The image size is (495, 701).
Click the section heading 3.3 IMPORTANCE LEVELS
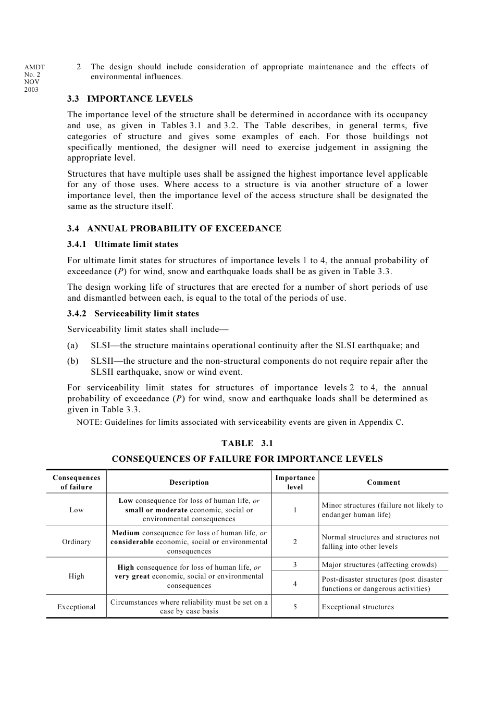pyautogui.click(x=130, y=99)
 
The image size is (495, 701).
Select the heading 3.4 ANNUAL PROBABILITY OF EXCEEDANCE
pyautogui.click(x=174, y=228)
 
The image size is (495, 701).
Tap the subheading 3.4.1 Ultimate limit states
pyautogui.click(x=122, y=244)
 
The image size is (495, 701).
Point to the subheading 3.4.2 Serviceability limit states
pyautogui.click(x=133, y=313)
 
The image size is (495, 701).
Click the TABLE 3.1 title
pyautogui.click(x=247, y=443)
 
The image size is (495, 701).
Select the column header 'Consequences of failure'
pyautogui.click(x=77, y=482)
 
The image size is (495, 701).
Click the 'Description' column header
pyautogui.click(x=189, y=482)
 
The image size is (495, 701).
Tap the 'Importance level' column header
pyautogui.click(x=295, y=482)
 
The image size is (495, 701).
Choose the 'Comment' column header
pyautogui.click(x=383, y=482)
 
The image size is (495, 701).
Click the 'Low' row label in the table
pyautogui.click(x=77, y=510)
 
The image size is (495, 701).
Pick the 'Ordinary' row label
pyautogui.click(x=77, y=542)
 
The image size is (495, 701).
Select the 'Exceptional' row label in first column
pyautogui.click(x=77, y=607)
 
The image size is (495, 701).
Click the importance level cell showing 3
pyautogui.click(x=295, y=564)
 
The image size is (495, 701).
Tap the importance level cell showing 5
pyautogui.click(x=295, y=607)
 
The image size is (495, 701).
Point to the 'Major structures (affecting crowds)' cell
pyautogui.click(x=379, y=564)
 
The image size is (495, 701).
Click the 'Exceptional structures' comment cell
pyautogui.click(x=358, y=607)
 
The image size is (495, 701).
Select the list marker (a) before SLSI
pyautogui.click(x=72, y=345)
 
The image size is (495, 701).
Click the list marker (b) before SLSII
pyautogui.click(x=72, y=361)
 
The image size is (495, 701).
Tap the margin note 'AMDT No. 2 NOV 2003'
pyautogui.click(x=34, y=78)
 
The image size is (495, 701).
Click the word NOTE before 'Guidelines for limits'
pyautogui.click(x=89, y=422)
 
